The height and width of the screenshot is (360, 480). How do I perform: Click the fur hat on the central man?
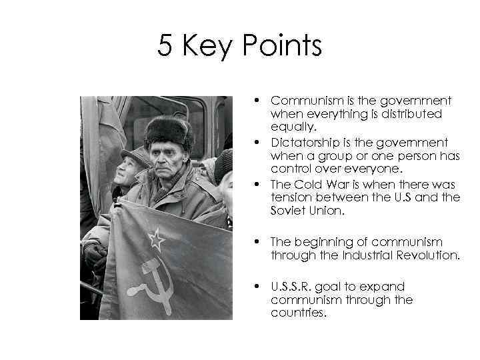point(169,131)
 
